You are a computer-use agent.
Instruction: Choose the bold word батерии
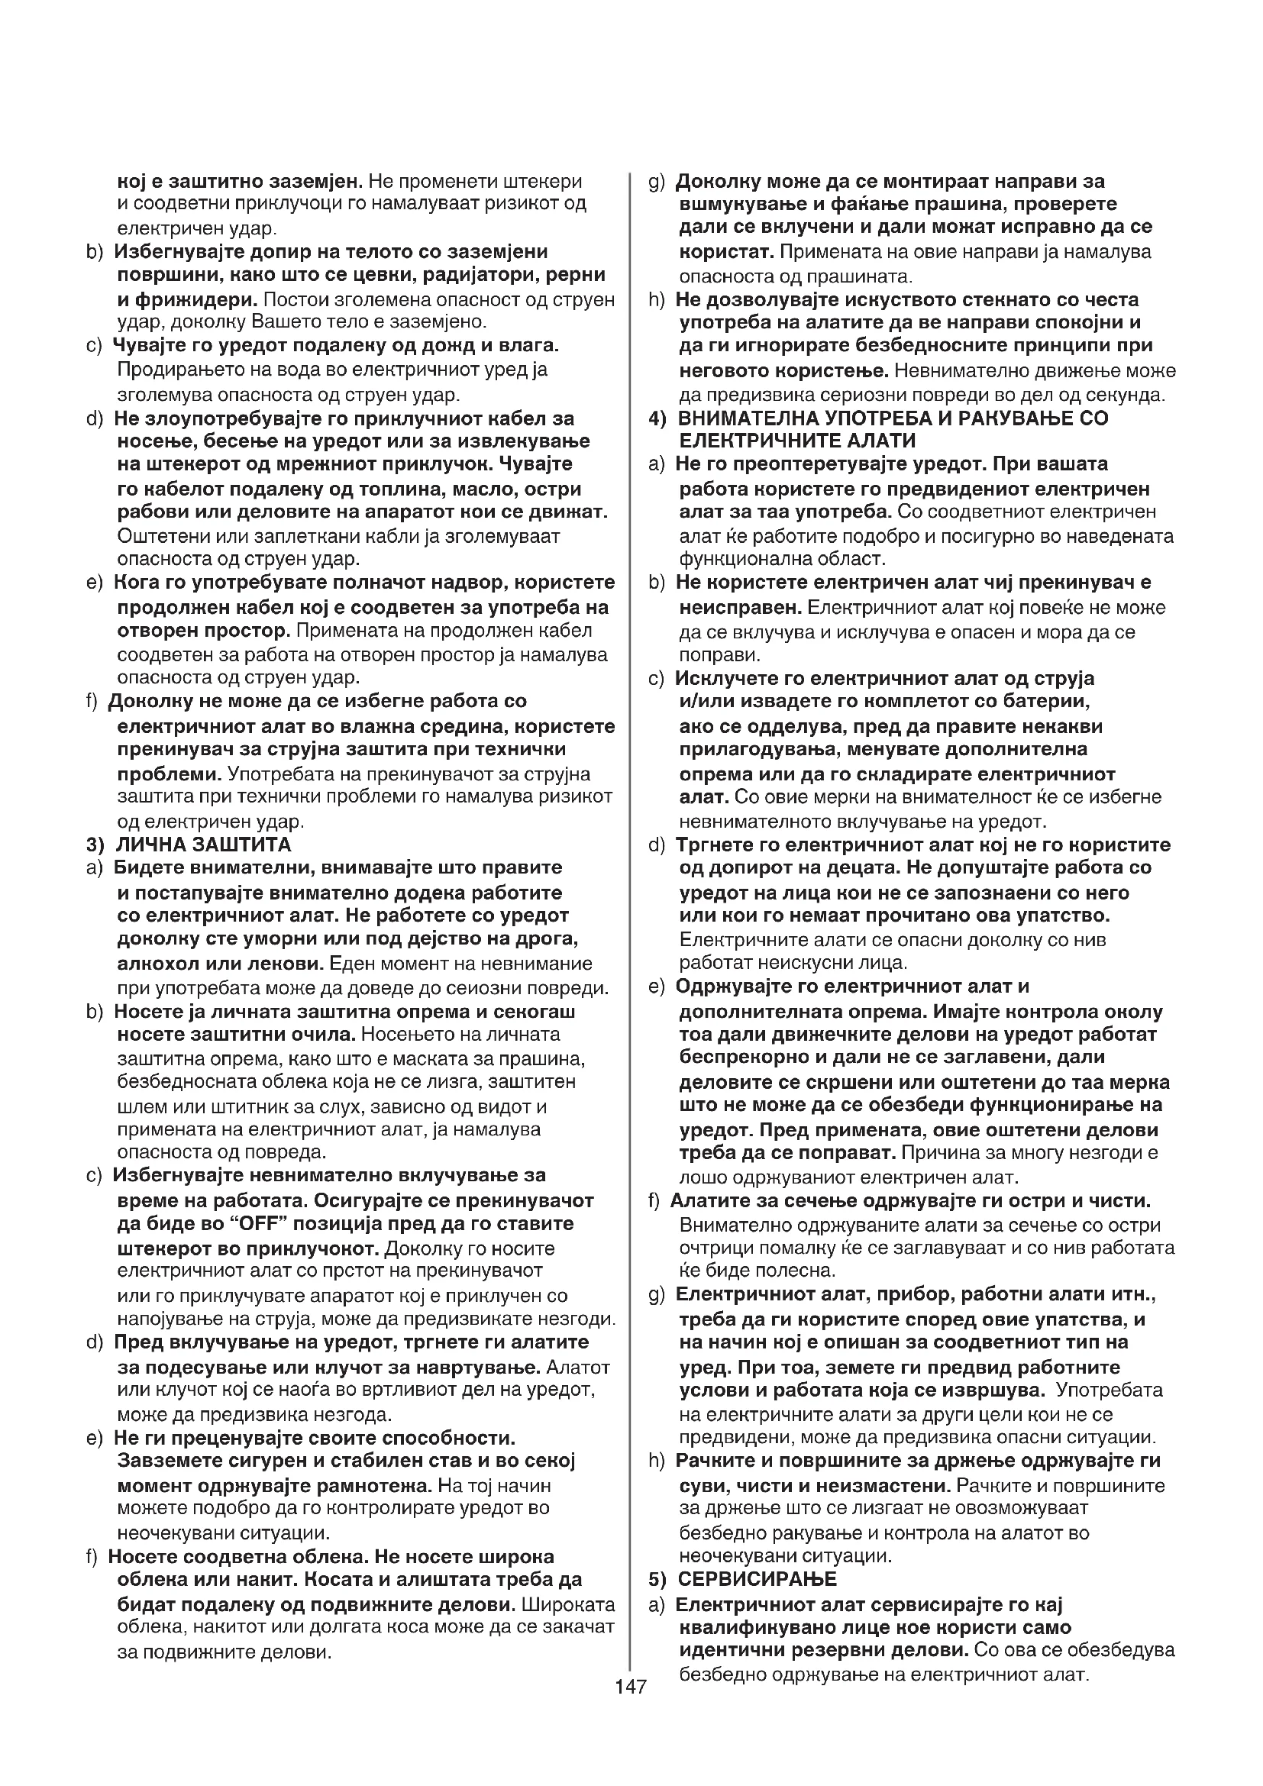[x=1048, y=702]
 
